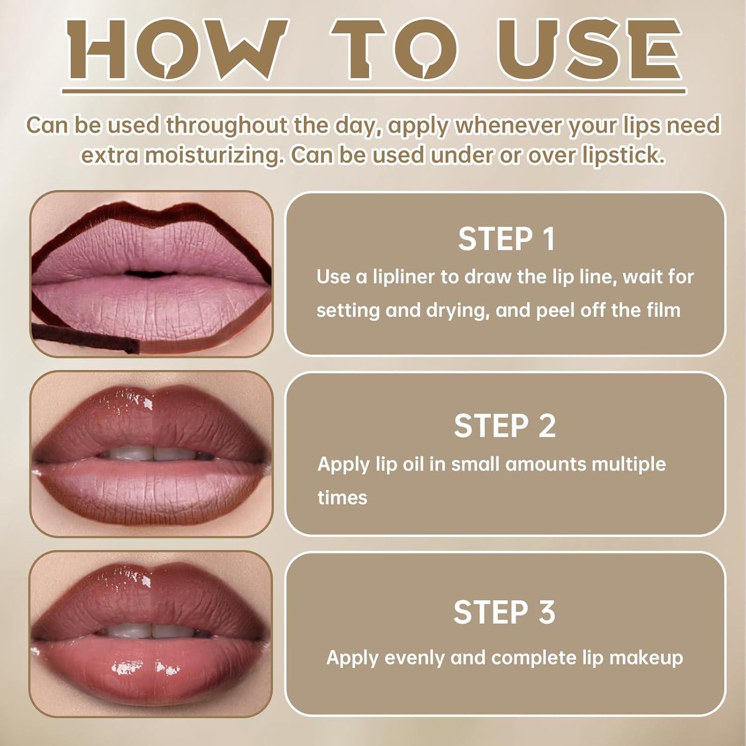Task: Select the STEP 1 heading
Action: (x=506, y=239)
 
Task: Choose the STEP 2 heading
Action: (x=504, y=426)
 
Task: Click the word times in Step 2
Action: (x=342, y=497)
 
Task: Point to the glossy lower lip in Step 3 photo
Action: (x=149, y=661)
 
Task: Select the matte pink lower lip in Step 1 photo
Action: (x=149, y=303)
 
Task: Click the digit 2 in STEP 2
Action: (x=546, y=426)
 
